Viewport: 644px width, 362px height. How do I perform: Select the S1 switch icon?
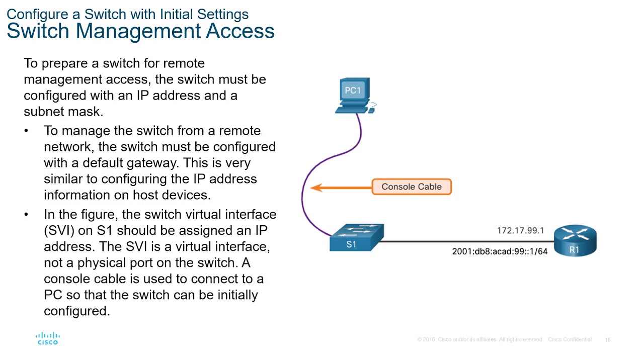tap(356, 238)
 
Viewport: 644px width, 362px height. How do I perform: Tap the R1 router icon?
tap(575, 241)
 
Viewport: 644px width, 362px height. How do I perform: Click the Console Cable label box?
tap(412, 187)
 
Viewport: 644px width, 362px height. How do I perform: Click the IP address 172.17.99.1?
tap(520, 230)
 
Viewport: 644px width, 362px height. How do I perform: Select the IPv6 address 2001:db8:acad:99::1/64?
tap(499, 251)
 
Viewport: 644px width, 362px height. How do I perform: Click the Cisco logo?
tap(48, 338)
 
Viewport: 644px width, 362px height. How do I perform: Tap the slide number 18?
tap(607, 340)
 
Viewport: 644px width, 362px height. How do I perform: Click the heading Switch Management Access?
tap(140, 31)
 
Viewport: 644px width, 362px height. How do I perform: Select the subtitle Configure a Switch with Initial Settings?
tap(127, 14)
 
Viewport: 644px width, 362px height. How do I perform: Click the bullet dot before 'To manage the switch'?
tap(26, 131)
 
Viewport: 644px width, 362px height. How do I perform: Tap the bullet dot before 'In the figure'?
tap(26, 215)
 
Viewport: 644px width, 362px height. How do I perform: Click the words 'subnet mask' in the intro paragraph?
tap(63, 112)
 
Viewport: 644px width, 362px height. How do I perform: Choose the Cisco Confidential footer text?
tap(570, 340)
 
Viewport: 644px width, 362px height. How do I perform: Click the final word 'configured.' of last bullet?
tap(76, 311)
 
